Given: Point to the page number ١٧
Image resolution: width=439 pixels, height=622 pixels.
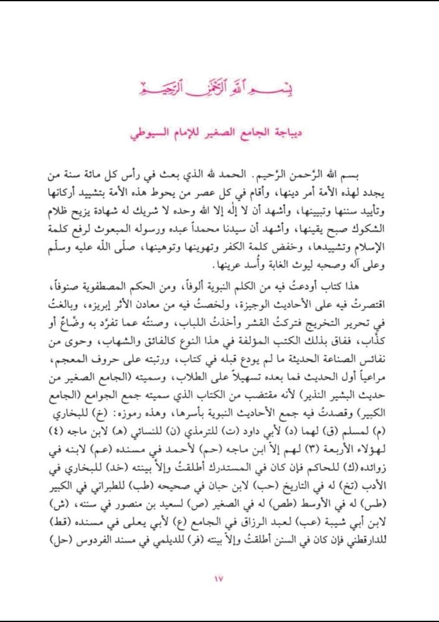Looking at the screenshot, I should coord(219,580).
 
